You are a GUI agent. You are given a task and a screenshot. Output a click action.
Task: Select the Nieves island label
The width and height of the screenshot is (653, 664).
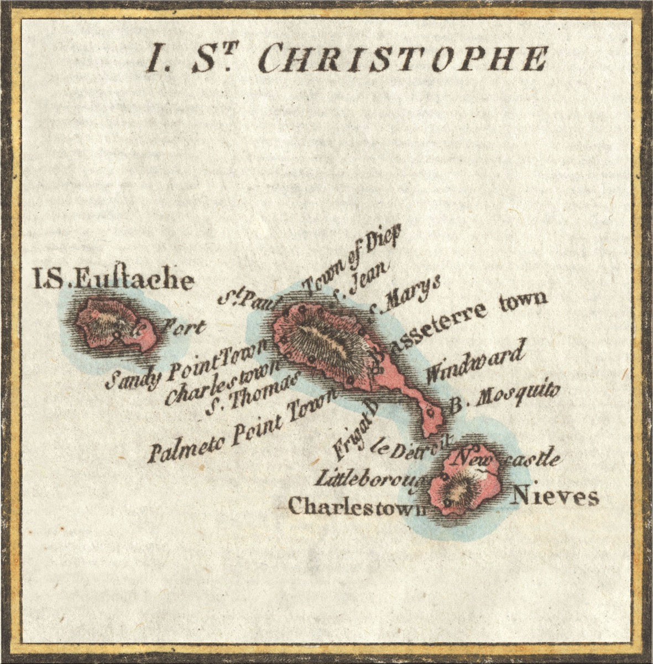click(x=555, y=496)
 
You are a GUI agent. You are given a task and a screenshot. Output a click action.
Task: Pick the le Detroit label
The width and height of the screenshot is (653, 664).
click(x=411, y=448)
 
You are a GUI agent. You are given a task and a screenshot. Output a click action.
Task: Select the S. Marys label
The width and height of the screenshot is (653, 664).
click(x=404, y=294)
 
